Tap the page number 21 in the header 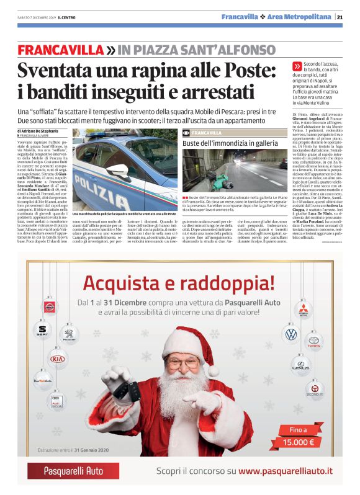tap(340, 17)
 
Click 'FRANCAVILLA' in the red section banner tap(61, 50)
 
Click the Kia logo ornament tap(58, 359)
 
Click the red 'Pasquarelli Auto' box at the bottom tap(73, 471)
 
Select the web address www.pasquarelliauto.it tap(286, 471)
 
